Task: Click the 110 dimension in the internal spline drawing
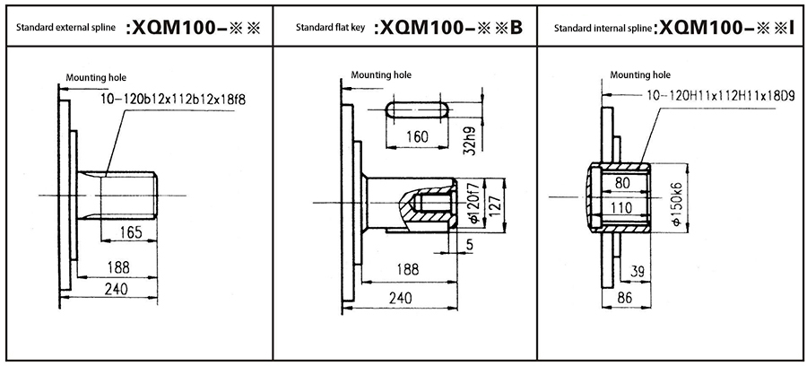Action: click(620, 208)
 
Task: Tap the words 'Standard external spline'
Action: click(68, 29)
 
